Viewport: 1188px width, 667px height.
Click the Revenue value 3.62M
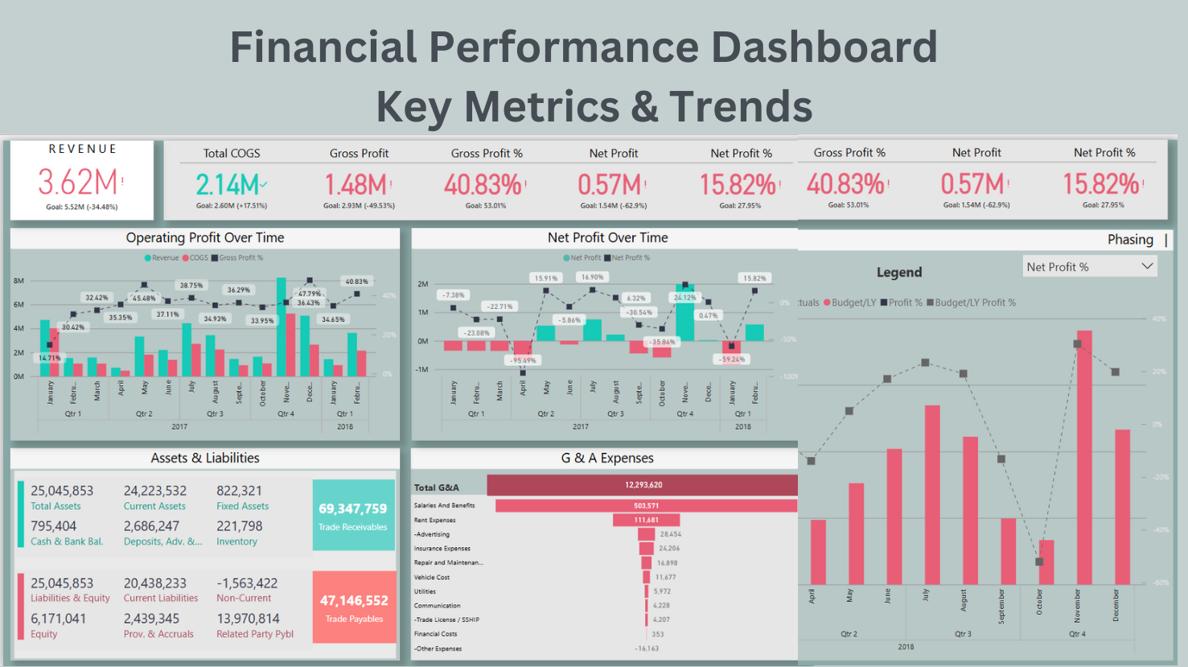point(78,183)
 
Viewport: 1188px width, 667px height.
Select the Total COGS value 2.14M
point(228,185)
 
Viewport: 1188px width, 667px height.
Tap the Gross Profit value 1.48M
point(356,185)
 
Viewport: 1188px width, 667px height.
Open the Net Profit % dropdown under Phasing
point(1090,267)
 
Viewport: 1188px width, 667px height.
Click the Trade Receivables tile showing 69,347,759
point(353,515)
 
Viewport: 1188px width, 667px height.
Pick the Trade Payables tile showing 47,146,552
point(354,607)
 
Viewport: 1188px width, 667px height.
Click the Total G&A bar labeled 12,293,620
point(642,485)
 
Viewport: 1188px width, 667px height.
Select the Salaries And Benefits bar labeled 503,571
point(646,506)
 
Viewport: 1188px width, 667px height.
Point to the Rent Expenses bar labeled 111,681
point(646,520)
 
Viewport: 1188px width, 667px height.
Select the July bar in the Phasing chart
point(932,494)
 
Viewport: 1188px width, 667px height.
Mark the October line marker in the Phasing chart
point(1039,562)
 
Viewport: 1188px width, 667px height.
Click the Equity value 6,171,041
point(58,619)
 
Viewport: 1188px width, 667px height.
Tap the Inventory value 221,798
point(240,526)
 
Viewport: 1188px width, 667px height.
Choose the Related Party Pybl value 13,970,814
point(248,619)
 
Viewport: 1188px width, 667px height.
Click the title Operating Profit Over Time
point(205,238)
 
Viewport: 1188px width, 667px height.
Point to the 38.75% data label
point(191,286)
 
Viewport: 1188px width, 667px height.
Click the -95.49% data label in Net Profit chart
point(524,360)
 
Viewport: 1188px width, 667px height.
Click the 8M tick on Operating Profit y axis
point(18,281)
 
